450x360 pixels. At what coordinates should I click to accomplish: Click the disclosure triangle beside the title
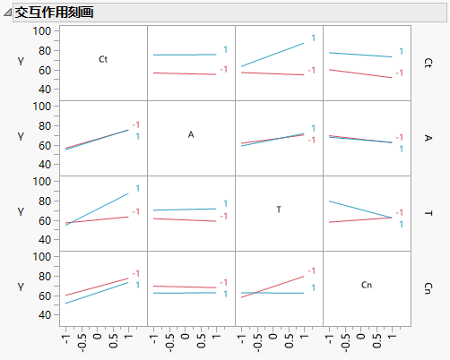pos(9,13)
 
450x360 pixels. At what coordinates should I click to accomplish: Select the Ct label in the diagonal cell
pos(103,59)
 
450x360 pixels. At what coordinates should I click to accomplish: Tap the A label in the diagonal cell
pos(191,134)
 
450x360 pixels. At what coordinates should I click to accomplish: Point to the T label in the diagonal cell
pos(279,210)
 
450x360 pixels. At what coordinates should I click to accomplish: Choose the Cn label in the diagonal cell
pos(366,285)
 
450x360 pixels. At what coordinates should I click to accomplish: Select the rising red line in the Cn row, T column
pos(273,286)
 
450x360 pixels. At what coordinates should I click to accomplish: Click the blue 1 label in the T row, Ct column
pos(138,188)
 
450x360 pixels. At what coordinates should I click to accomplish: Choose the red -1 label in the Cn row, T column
pos(313,270)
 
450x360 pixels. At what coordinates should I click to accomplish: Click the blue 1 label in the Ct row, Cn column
pos(401,52)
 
